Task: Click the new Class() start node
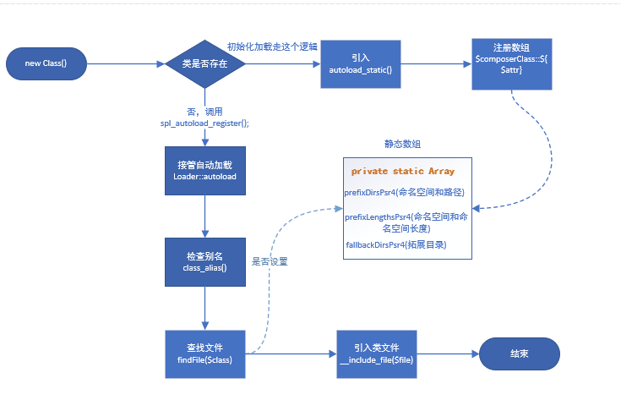[x=46, y=64]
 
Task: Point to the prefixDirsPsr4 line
[x=405, y=192]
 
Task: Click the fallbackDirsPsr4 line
[x=395, y=244]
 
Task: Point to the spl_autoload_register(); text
[x=204, y=123]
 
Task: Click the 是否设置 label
[x=270, y=261]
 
